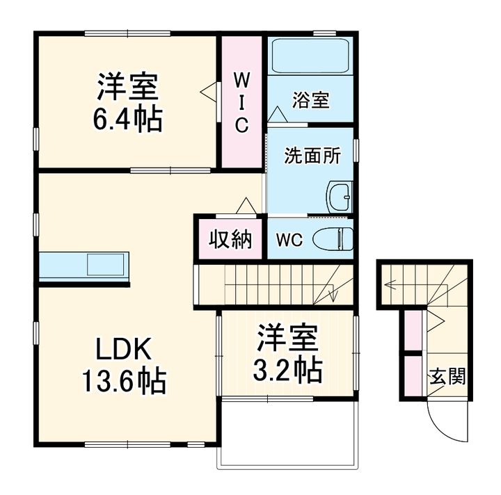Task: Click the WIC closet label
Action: pos(242,102)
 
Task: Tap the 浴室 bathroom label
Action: pos(310,100)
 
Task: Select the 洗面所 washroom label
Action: pos(312,156)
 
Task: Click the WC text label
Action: pos(289,240)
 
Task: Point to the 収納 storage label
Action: pos(230,238)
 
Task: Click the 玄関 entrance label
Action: pos(447,376)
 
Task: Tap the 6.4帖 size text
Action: pos(128,119)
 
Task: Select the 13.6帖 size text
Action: pos(125,380)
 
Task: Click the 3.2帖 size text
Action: pos(287,370)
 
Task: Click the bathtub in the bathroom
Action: pos(310,56)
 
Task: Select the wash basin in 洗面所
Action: pos(340,197)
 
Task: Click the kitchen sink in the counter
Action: pos(106,265)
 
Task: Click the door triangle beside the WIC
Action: pos(208,92)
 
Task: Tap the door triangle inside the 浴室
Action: pos(278,114)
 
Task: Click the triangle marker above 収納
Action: pos(246,206)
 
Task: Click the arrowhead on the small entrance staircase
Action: pos(388,284)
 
